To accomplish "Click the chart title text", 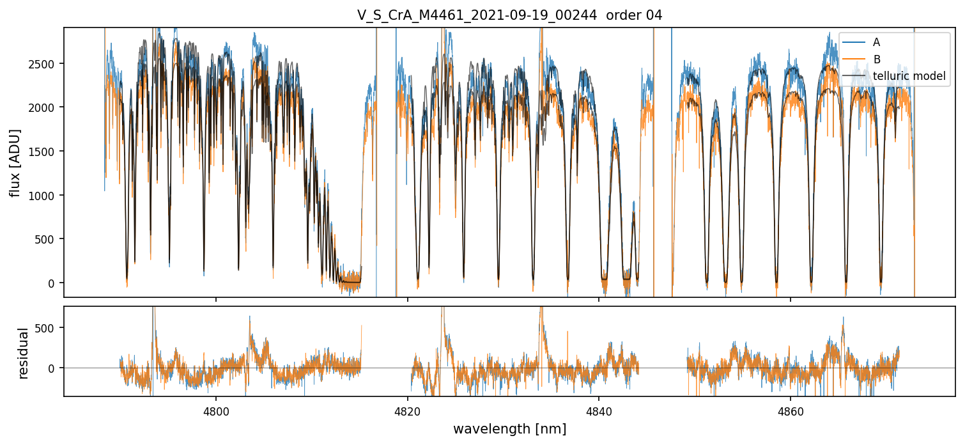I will [509, 15].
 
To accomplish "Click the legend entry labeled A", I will [877, 42].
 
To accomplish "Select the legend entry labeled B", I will [877, 59].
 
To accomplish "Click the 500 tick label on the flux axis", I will [49, 239].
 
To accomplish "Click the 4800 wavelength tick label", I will [216, 411].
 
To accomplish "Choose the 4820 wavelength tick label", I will [408, 411].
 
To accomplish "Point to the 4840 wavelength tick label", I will [599, 411].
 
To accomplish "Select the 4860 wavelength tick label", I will [791, 411].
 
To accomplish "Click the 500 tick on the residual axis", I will [49, 328].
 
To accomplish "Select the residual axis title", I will [24, 353].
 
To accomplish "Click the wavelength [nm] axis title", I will [509, 428].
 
